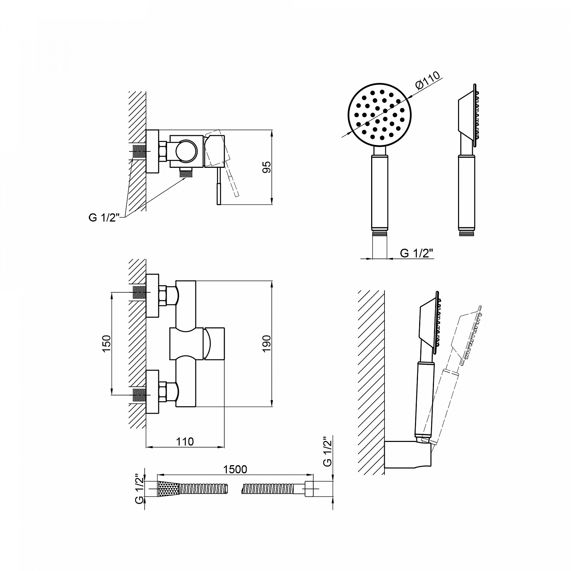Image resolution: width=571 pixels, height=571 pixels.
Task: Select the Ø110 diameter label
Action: [x=427, y=80]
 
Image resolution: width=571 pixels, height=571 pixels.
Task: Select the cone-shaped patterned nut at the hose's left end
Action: [x=168, y=488]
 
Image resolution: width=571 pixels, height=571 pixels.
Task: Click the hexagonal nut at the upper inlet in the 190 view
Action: [x=163, y=295]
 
